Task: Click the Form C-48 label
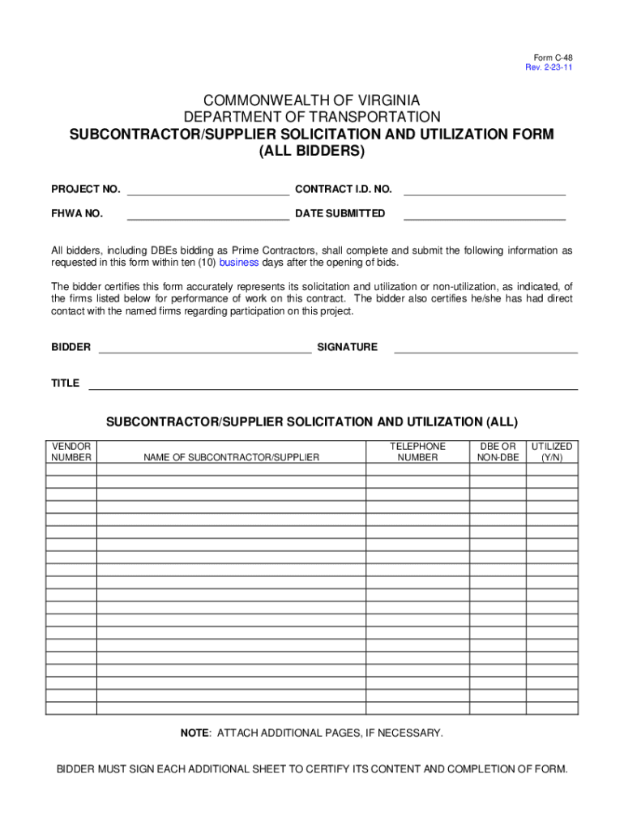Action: (553, 58)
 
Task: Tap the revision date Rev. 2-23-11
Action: (549, 67)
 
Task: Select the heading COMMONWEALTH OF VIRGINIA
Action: (311, 101)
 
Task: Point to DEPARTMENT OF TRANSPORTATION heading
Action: (311, 118)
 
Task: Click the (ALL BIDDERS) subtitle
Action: (311, 152)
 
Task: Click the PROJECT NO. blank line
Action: (207, 194)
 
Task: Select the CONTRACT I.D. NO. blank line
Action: (484, 194)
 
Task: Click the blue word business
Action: (239, 263)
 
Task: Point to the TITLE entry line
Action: (332, 387)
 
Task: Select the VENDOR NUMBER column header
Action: (71, 451)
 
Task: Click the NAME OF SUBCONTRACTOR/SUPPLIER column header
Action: (232, 457)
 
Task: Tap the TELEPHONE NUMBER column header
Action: (417, 451)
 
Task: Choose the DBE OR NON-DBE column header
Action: (498, 451)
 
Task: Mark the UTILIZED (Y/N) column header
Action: (552, 451)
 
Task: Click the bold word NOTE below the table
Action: (194, 733)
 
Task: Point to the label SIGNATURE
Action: (347, 347)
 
